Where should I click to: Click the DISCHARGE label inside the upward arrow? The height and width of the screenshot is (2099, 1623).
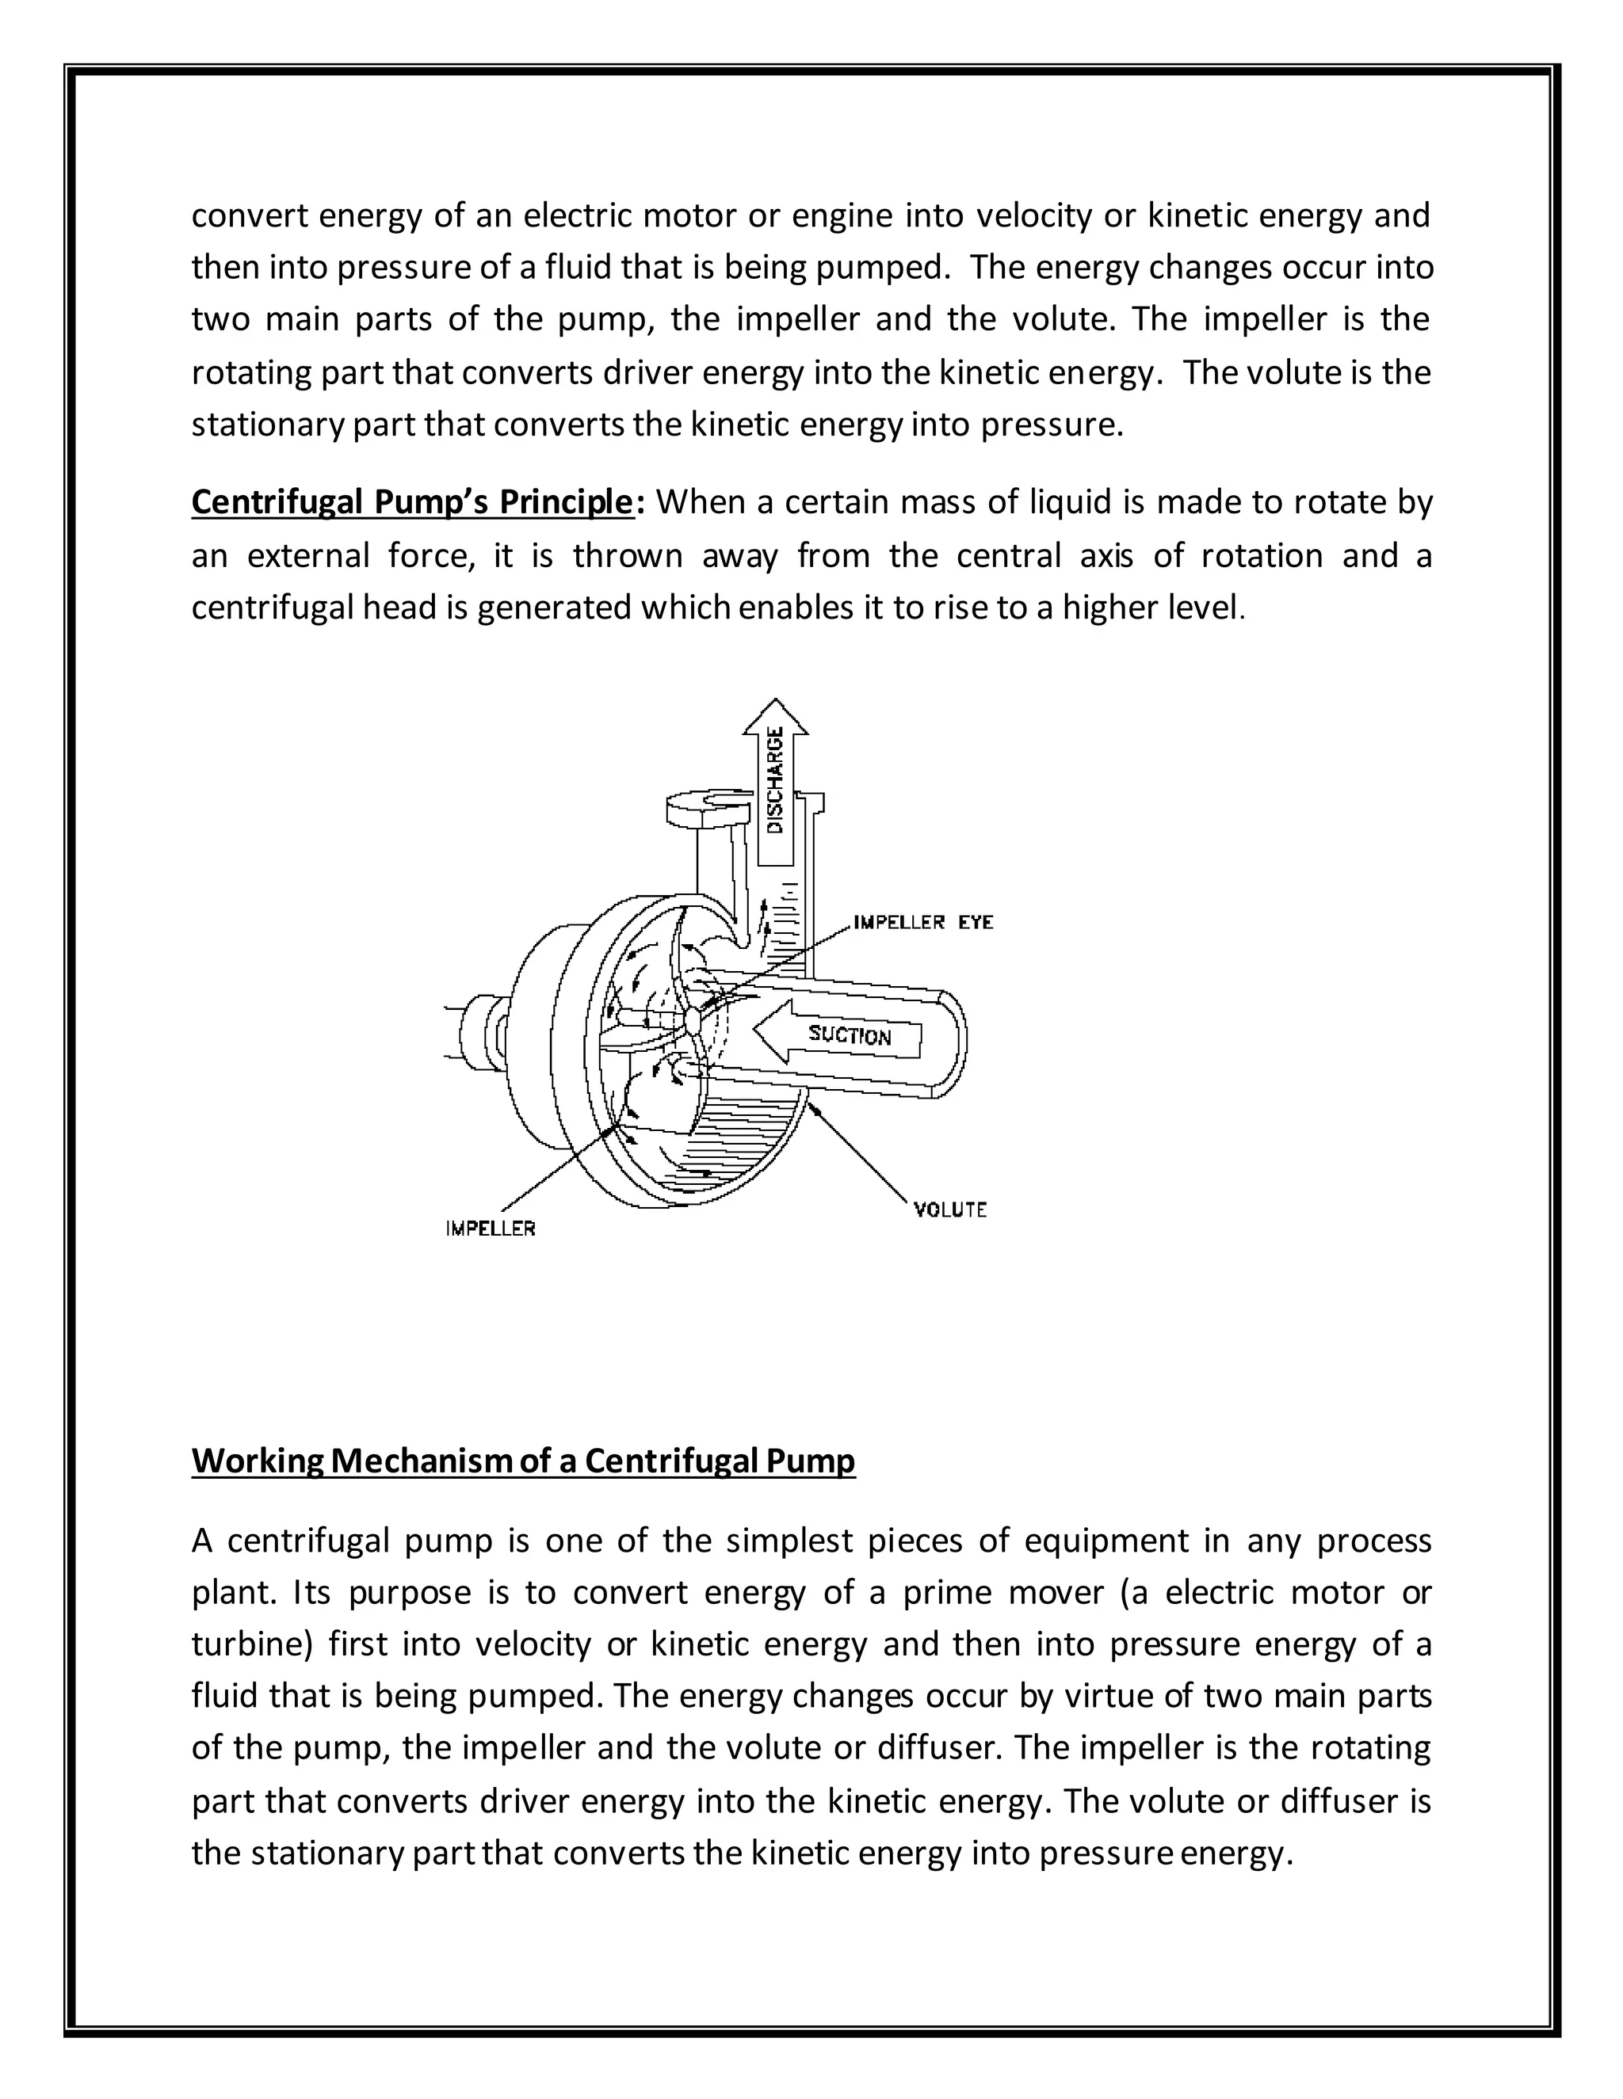pos(776,779)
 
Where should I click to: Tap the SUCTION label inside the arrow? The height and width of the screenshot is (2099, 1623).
pos(850,1035)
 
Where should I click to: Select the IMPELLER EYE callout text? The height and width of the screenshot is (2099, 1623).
pos(923,923)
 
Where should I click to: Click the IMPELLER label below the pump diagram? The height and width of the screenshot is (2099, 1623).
pos(491,1229)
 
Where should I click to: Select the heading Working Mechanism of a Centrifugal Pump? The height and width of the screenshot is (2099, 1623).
pos(523,1461)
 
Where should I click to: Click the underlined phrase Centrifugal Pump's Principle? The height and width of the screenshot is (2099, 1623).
pos(412,503)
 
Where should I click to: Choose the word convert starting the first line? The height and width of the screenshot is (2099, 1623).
pos(249,215)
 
